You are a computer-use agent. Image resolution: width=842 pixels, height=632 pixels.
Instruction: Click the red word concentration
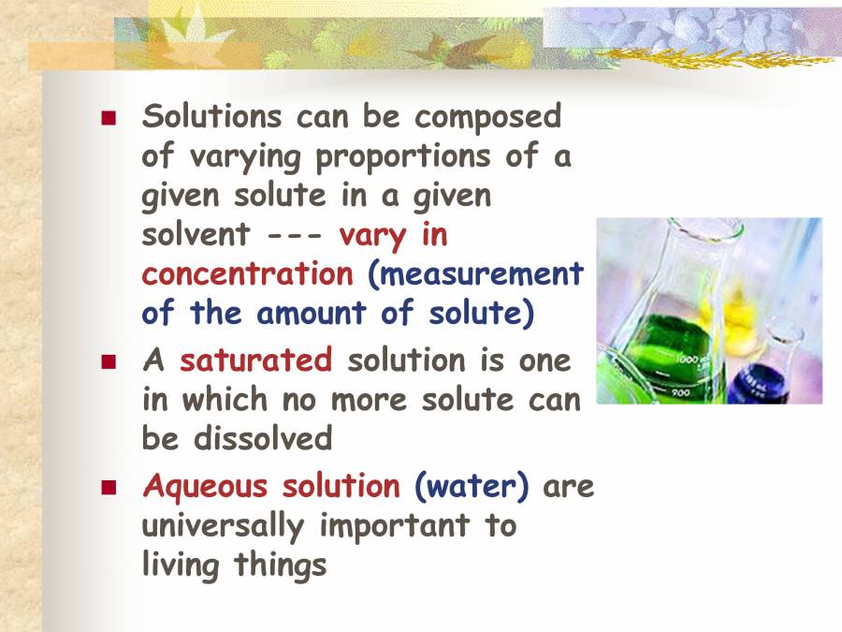(247, 274)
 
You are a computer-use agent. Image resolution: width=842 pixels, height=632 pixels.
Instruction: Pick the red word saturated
(255, 360)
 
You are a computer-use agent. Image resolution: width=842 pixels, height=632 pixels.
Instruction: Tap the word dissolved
(263, 438)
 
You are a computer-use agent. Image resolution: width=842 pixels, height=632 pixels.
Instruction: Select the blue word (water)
(472, 488)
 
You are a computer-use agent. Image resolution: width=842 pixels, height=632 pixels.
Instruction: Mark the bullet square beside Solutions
(109, 119)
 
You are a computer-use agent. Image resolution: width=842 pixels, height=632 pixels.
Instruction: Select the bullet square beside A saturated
(109, 361)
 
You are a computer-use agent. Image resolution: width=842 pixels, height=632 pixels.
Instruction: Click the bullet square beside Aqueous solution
(109, 489)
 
